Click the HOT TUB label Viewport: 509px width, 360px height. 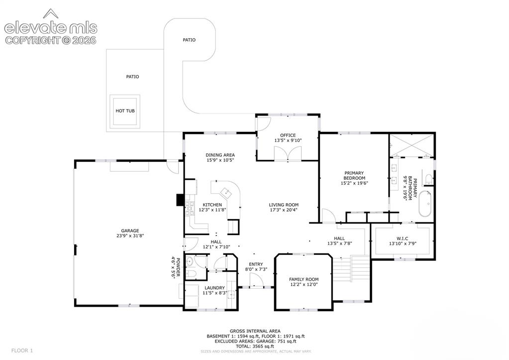point(125,111)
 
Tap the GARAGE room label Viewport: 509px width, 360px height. point(130,231)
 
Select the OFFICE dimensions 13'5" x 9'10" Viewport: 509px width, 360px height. point(288,141)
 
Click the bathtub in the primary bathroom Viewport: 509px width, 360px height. point(425,204)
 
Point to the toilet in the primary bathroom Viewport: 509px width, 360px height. point(429,179)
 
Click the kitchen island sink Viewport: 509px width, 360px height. point(226,193)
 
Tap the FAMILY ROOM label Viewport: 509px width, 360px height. point(304,279)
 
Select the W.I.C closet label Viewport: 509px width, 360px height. point(402,239)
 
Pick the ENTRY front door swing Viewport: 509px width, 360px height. point(256,280)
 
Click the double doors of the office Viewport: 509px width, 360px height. point(288,153)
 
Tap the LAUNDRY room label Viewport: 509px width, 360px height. point(214,288)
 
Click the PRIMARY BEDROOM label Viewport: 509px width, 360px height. point(354,175)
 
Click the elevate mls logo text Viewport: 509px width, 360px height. point(51,28)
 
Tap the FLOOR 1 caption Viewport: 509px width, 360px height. point(22,351)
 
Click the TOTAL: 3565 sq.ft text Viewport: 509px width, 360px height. point(255,347)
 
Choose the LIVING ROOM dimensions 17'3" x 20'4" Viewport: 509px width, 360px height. point(284,210)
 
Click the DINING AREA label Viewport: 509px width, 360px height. point(220,155)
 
